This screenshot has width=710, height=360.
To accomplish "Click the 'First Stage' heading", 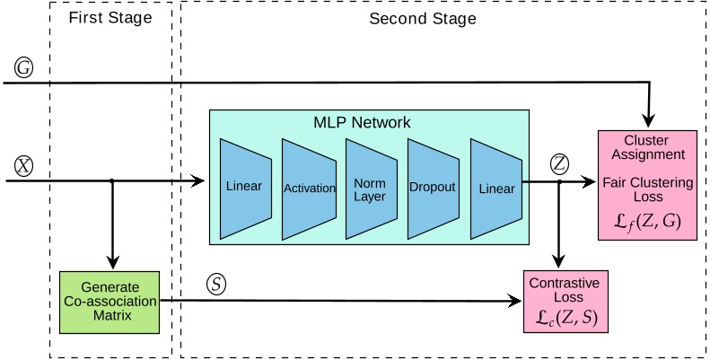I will pyautogui.click(x=110, y=19).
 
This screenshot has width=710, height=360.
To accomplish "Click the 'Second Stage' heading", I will pyautogui.click(x=423, y=19).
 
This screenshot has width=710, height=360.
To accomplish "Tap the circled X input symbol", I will pyautogui.click(x=22, y=165).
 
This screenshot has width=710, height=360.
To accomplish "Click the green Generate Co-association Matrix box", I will pyautogui.click(x=110, y=303).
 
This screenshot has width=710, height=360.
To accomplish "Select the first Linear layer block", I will pyautogui.click(x=245, y=188).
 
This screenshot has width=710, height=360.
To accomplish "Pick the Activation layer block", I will pyautogui.click(x=308, y=188).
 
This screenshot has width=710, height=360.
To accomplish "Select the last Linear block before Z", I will pyautogui.click(x=496, y=188).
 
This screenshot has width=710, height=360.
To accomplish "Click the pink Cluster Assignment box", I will pyautogui.click(x=647, y=185).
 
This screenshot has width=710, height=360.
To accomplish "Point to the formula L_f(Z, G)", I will pyautogui.click(x=647, y=223).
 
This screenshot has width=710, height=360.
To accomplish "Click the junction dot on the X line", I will pyautogui.click(x=110, y=181).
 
